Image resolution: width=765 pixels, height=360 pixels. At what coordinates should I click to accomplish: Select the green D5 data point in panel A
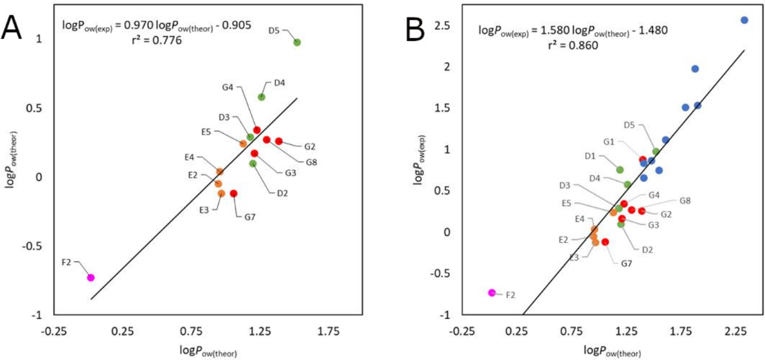pos(297,43)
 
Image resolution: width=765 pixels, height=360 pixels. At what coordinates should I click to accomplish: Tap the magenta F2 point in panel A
pos(90,277)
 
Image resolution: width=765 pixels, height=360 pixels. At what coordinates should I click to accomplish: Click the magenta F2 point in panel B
pos(492,293)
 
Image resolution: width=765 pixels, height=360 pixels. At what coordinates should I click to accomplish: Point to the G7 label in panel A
pos(250,217)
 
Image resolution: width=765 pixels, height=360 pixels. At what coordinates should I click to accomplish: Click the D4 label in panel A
pos(279,82)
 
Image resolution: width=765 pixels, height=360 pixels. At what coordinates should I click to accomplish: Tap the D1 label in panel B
pos(589,156)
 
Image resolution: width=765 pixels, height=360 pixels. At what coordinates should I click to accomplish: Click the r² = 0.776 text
pos(155,42)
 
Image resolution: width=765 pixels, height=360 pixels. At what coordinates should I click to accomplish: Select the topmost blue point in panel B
pos(744,20)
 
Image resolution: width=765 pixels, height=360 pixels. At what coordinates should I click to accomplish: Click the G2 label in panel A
pos(309,146)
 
